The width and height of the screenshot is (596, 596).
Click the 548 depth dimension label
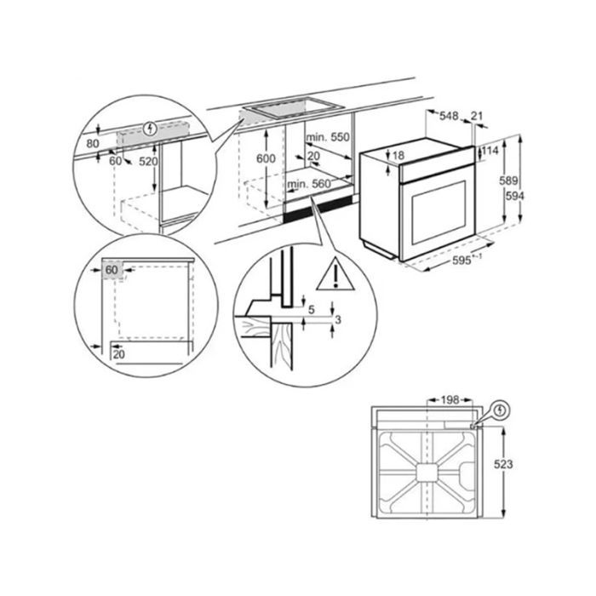(449, 116)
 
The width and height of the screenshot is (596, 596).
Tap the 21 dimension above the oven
(477, 116)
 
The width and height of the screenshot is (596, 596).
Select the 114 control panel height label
(490, 151)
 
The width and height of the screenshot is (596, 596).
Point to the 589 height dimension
(508, 181)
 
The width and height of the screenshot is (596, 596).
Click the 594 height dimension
(514, 196)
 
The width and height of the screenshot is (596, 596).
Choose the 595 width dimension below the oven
(461, 261)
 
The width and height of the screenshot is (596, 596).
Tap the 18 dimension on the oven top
(398, 156)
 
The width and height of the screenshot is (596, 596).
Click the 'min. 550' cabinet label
(327, 137)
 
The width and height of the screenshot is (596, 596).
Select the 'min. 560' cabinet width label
(309, 185)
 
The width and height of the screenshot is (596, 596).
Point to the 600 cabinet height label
(266, 158)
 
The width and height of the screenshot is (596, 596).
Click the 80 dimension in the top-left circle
(93, 144)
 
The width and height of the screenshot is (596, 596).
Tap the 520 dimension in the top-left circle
(148, 162)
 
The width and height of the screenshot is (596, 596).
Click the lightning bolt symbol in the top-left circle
(151, 129)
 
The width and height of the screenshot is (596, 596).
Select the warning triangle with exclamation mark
(335, 274)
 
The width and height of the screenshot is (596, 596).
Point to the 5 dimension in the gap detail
(312, 310)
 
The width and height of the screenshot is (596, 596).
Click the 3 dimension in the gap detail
(338, 320)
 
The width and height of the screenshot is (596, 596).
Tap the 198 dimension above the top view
(450, 400)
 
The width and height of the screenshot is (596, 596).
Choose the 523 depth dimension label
(503, 464)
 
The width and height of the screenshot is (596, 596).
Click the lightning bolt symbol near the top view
(501, 410)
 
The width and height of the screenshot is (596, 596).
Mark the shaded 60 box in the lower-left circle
(112, 270)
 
